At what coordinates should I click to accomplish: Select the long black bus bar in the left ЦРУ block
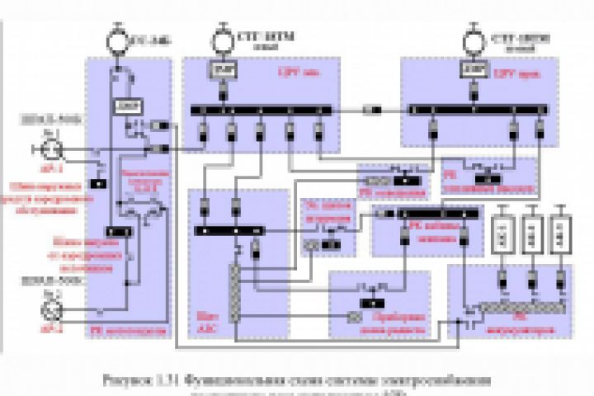click(x=260, y=109)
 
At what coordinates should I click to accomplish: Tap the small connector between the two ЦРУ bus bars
click(x=373, y=109)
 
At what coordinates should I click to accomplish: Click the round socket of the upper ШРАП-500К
click(x=51, y=148)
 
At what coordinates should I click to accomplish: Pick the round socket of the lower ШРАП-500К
click(x=51, y=311)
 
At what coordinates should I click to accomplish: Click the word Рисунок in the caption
click(x=123, y=380)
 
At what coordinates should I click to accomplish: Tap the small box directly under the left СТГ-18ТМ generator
click(x=221, y=73)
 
